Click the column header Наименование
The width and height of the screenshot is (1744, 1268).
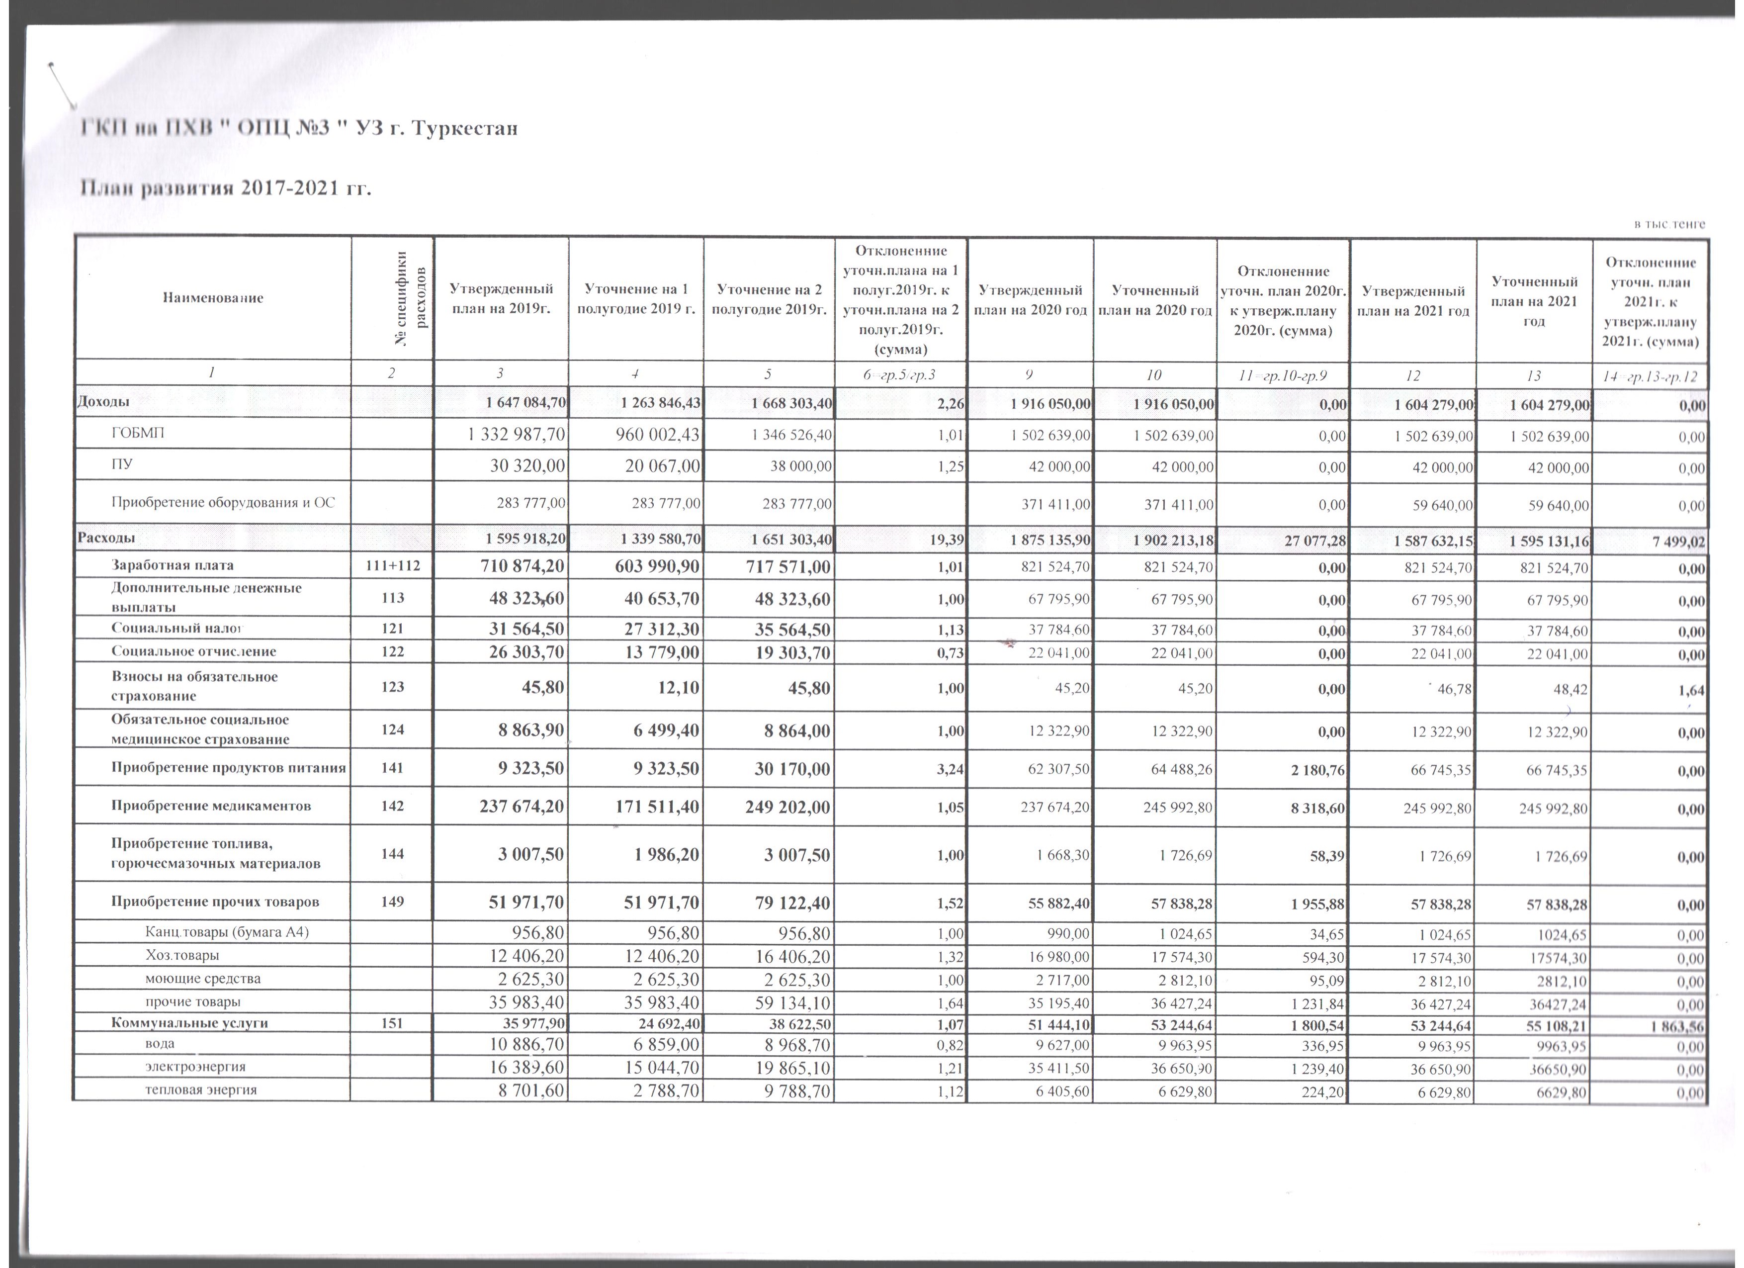pyautogui.click(x=213, y=297)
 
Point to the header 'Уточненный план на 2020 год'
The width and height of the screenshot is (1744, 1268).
pyautogui.click(x=1155, y=300)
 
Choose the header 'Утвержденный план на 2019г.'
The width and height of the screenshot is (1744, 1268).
pyautogui.click(x=501, y=300)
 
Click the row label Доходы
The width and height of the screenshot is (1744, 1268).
pyautogui.click(x=102, y=401)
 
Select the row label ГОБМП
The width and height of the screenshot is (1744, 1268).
pyautogui.click(x=138, y=434)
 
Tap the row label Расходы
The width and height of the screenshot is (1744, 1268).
pyautogui.click(x=106, y=538)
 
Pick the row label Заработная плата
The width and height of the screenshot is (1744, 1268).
pyautogui.click(x=173, y=565)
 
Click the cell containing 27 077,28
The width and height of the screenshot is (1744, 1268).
pyautogui.click(x=1315, y=541)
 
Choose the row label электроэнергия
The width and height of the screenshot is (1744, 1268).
pyautogui.click(x=195, y=1067)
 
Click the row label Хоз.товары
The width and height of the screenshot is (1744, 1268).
pyautogui.click(x=182, y=956)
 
